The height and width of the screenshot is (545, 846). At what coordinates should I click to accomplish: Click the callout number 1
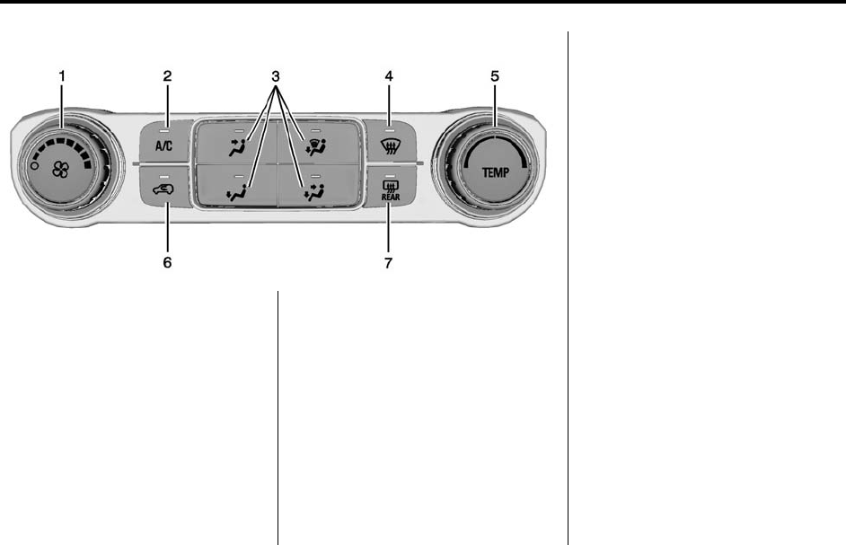tap(61, 77)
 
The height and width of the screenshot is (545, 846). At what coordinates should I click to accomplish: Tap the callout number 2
tap(167, 77)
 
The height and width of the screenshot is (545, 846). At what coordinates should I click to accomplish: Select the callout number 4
tap(389, 77)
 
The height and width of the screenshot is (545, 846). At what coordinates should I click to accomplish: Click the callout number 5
tap(495, 77)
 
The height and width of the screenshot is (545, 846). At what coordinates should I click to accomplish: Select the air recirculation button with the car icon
tap(167, 189)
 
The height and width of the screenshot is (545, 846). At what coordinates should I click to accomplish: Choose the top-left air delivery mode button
tap(236, 144)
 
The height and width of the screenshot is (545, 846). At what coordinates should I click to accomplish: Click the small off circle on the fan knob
tap(33, 167)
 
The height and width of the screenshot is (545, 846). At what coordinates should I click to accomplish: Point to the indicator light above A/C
tap(167, 121)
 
